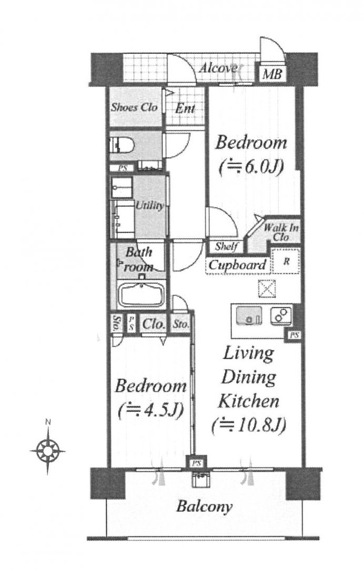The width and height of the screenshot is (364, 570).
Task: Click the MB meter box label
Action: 272,75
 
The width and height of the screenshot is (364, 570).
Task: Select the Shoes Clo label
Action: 134,107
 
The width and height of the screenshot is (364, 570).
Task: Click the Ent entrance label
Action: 185,108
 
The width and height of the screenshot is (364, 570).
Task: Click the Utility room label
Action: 149,206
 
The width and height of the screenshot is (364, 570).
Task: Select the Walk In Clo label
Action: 281,232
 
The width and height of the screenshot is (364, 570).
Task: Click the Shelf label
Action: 226,247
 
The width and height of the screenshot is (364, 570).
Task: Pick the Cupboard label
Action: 237,264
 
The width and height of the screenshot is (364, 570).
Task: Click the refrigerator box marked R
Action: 286,260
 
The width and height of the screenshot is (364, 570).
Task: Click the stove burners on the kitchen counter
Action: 281,315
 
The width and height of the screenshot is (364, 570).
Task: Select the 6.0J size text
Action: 251,167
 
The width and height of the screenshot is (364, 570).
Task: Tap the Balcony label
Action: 204,506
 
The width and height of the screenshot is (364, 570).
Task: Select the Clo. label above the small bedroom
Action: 154,323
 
